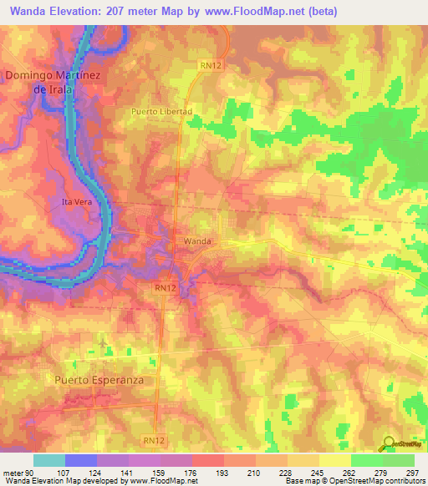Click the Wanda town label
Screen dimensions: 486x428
point(198,241)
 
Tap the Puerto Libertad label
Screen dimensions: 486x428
point(162,111)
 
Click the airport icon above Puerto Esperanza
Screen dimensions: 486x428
point(103,343)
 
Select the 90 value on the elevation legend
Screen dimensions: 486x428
point(32,473)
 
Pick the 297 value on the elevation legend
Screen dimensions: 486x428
point(410,473)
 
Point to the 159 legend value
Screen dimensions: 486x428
point(158,473)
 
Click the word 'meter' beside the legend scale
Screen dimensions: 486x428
point(13,473)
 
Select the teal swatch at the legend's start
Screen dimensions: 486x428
point(48,460)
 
